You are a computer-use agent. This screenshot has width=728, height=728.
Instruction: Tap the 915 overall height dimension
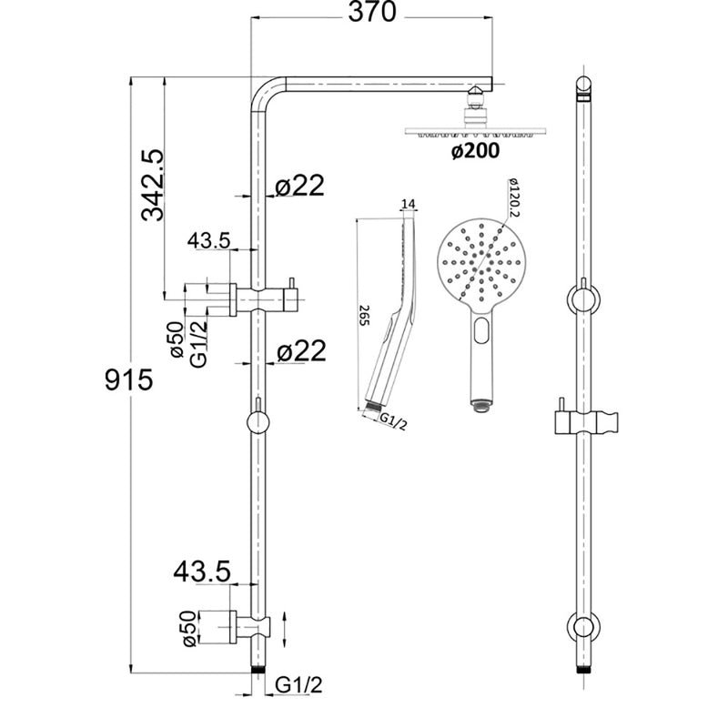(x=128, y=378)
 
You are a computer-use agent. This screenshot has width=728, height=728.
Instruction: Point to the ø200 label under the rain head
(x=474, y=151)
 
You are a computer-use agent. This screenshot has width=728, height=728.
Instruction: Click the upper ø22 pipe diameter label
(x=298, y=186)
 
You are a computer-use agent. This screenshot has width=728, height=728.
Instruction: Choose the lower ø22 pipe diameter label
(x=298, y=352)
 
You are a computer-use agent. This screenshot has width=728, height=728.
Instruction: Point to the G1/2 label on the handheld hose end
(x=392, y=420)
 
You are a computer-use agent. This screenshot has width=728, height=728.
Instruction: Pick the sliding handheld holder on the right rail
(x=583, y=421)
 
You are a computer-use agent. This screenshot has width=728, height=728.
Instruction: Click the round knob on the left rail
(x=258, y=423)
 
